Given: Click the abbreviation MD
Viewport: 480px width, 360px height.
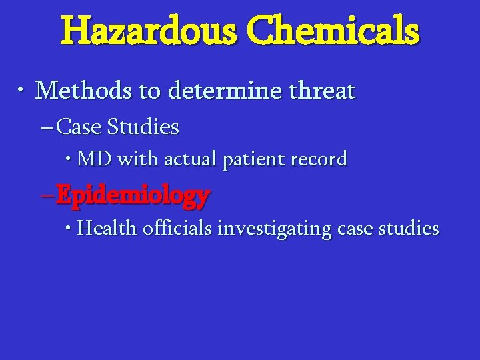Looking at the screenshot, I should pos(95,159).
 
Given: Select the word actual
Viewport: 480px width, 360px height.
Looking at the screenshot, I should pos(191,159).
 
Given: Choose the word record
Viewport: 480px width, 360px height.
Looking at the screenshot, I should pos(317,159).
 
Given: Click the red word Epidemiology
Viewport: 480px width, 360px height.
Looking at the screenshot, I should pos(133,195).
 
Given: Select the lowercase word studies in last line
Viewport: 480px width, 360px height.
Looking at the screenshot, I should pos(408,229).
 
